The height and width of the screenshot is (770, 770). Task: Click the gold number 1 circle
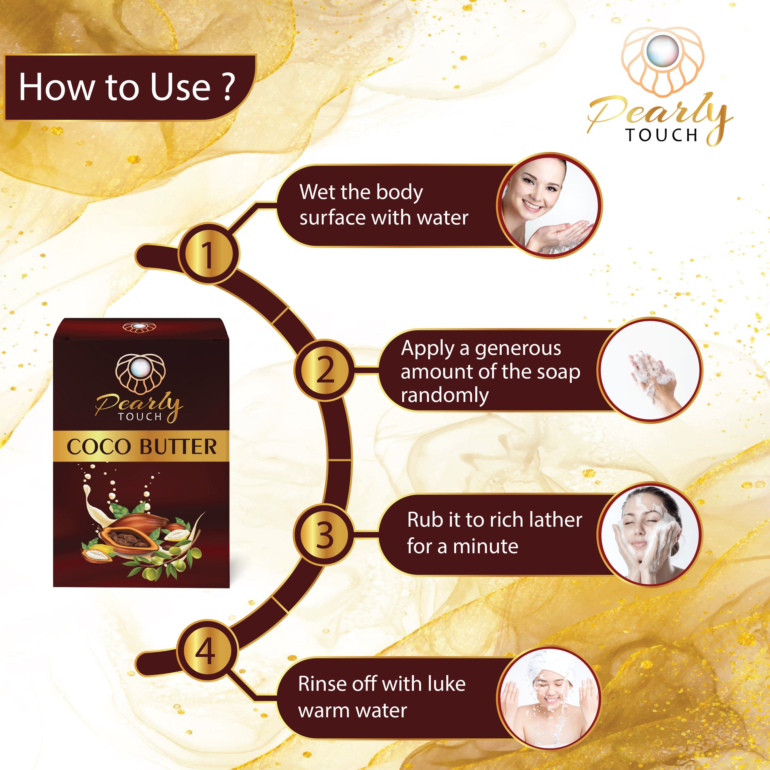click(x=209, y=254)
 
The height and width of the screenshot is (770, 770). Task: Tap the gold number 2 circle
click(x=324, y=370)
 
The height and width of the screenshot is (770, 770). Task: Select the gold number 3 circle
click(x=324, y=535)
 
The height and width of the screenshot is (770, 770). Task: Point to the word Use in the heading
click(x=180, y=87)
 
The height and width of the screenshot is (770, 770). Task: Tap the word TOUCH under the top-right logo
click(x=662, y=135)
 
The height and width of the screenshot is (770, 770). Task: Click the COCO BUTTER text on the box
click(x=142, y=447)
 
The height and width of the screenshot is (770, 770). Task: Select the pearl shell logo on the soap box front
click(x=141, y=374)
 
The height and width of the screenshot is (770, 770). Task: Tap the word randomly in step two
click(x=445, y=396)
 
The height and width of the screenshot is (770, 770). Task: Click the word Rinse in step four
click(x=321, y=684)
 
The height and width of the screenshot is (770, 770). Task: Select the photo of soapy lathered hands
click(x=650, y=370)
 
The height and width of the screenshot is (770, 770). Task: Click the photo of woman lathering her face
click(x=650, y=535)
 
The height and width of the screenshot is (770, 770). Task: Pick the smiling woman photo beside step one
click(x=550, y=205)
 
